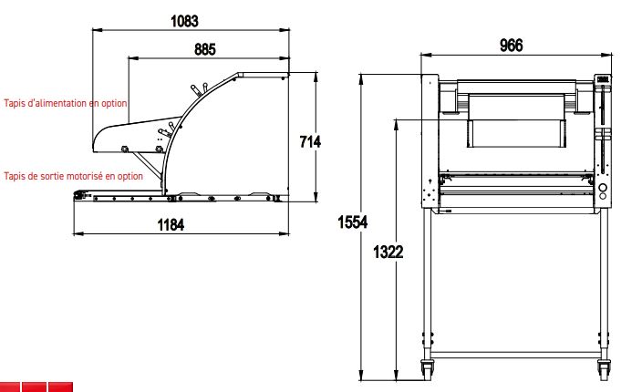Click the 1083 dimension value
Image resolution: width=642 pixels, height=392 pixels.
tap(184, 21)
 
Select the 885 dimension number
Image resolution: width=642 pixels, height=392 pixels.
tap(204, 49)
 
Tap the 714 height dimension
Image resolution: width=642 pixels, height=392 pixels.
tap(310, 141)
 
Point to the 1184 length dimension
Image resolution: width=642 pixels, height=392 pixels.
tap(171, 224)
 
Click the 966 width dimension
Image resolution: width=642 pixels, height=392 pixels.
tap(512, 46)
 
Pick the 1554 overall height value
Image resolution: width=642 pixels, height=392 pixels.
tap(353, 222)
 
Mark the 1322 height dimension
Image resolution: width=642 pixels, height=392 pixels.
tap(388, 252)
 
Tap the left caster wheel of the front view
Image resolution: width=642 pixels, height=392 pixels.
tap(428, 368)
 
